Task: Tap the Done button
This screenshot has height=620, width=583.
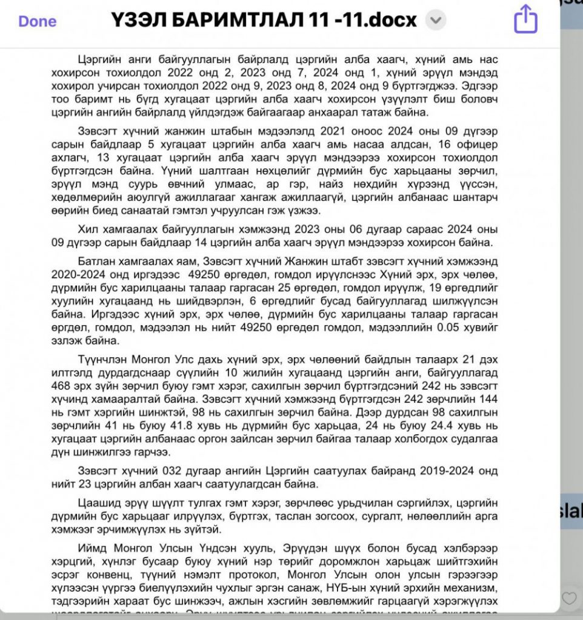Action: point(37,21)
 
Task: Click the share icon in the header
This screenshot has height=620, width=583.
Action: point(525,20)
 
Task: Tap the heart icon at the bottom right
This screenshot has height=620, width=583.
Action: point(569,598)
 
